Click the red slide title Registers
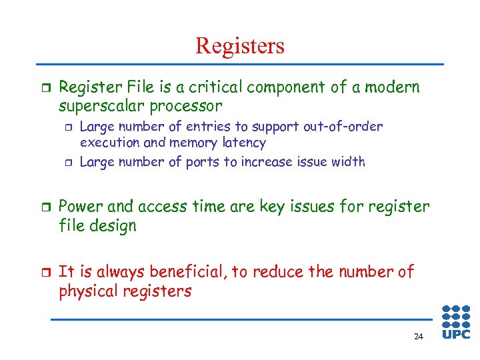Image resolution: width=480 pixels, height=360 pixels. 240,45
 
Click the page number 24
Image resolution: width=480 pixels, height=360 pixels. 418,337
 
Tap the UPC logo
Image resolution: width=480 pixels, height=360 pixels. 456,322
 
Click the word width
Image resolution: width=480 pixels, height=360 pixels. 349,162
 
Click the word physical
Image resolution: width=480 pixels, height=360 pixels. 87,291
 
